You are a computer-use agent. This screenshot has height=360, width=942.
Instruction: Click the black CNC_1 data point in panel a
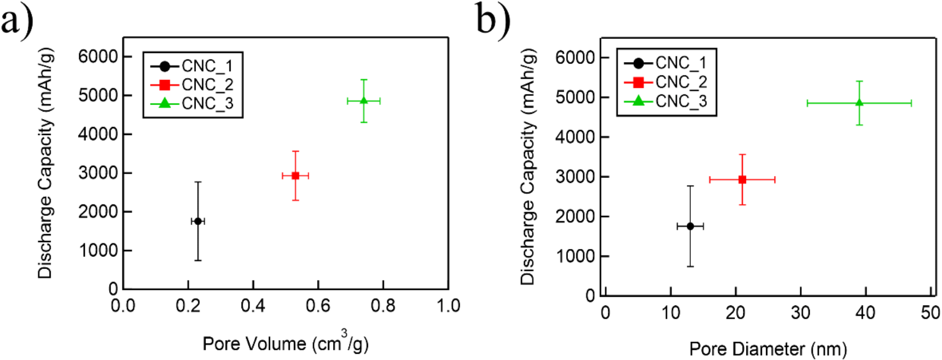pos(198,221)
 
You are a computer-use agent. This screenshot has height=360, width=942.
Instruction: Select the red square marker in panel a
pos(295,175)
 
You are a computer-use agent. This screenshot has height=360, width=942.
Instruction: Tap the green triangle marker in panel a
pos(363,101)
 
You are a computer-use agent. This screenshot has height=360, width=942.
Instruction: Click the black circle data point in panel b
pos(690,226)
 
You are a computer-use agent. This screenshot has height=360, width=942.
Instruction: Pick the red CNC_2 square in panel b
pos(742,179)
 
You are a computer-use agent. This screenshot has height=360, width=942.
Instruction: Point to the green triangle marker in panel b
pos(859,103)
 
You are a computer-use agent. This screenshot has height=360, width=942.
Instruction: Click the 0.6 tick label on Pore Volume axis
pos(318,306)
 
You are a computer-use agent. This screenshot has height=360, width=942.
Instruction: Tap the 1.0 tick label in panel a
pos(448,306)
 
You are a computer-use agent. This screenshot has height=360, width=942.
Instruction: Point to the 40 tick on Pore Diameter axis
pos(866,313)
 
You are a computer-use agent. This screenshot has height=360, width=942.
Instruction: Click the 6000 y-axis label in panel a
pos(97,56)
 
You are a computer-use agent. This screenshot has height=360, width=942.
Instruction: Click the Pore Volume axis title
pos(285,343)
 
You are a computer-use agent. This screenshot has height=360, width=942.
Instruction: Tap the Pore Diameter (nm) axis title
pos(768,349)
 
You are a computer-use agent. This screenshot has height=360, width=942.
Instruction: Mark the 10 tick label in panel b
pos(671,313)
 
